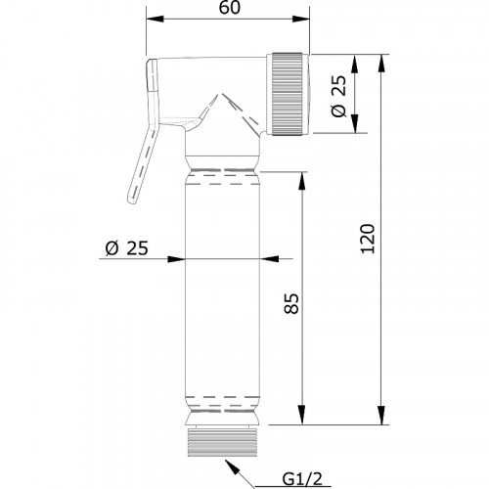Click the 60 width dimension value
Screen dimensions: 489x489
229,8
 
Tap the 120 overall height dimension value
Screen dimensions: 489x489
369,239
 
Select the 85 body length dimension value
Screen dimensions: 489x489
291,304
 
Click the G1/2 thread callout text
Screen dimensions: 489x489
302,479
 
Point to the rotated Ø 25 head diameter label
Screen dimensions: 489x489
338,97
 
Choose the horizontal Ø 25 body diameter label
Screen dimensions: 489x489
127,248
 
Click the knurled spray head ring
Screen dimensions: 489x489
288,93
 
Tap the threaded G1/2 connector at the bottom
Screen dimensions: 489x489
223,441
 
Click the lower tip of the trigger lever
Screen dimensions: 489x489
132,201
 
